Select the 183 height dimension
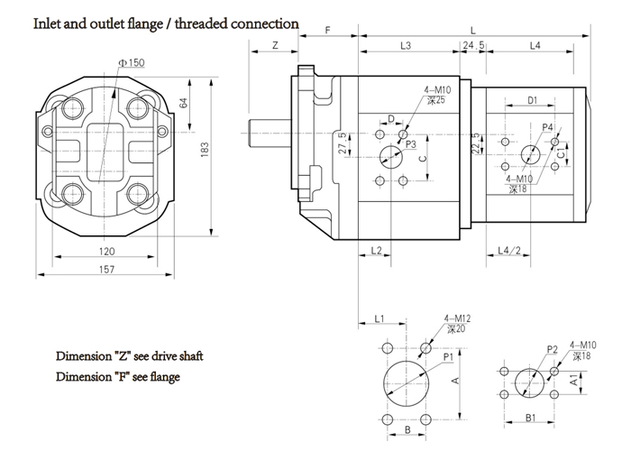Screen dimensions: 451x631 click(206, 147)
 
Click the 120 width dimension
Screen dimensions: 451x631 click(108, 250)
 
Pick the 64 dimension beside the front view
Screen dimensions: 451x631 click(184, 102)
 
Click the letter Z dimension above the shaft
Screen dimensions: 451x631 click(273, 44)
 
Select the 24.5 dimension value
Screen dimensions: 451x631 click(474, 44)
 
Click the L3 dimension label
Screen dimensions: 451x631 click(406, 44)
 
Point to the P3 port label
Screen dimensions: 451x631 click(410, 143)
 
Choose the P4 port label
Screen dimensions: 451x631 click(548, 127)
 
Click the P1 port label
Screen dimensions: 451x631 click(447, 358)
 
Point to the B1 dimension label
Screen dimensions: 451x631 click(531, 418)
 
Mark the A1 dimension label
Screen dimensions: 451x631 click(576, 382)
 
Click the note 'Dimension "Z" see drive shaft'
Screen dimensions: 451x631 click(130, 355)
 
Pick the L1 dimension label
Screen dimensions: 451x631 click(380, 318)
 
